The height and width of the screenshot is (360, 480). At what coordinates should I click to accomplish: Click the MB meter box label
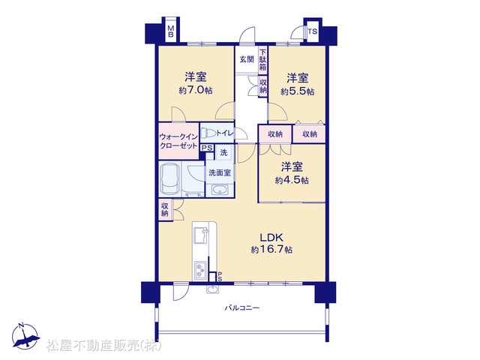(170, 31)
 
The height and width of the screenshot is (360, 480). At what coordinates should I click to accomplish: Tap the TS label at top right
(313, 31)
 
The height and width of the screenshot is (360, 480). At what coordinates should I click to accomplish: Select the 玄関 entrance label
(247, 59)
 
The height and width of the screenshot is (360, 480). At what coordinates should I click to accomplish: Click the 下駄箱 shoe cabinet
(263, 60)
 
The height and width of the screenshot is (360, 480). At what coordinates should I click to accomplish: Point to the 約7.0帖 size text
(196, 91)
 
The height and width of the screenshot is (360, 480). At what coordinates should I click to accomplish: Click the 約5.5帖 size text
(297, 91)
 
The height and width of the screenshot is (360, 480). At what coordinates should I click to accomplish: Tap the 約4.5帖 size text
(292, 180)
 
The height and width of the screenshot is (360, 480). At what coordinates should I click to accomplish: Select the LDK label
(271, 237)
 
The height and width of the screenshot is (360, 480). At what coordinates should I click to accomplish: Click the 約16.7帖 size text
(271, 250)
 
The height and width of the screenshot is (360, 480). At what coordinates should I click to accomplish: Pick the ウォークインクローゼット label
(178, 141)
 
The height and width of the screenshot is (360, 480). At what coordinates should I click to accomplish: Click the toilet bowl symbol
(208, 133)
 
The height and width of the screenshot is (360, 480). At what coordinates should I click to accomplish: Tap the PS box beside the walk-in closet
(207, 148)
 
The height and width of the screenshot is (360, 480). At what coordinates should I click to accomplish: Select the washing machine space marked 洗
(224, 152)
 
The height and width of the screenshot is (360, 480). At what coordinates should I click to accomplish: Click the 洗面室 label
(220, 172)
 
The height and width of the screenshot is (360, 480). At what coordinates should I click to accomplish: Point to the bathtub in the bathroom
(169, 178)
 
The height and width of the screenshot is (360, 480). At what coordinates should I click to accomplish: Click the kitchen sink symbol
(201, 235)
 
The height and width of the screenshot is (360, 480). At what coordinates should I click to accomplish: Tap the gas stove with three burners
(201, 270)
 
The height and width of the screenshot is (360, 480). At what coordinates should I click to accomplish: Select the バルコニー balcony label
(242, 307)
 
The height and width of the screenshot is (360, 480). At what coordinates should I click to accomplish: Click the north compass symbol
(25, 336)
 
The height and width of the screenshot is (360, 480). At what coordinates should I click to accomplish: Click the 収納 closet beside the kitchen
(165, 209)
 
